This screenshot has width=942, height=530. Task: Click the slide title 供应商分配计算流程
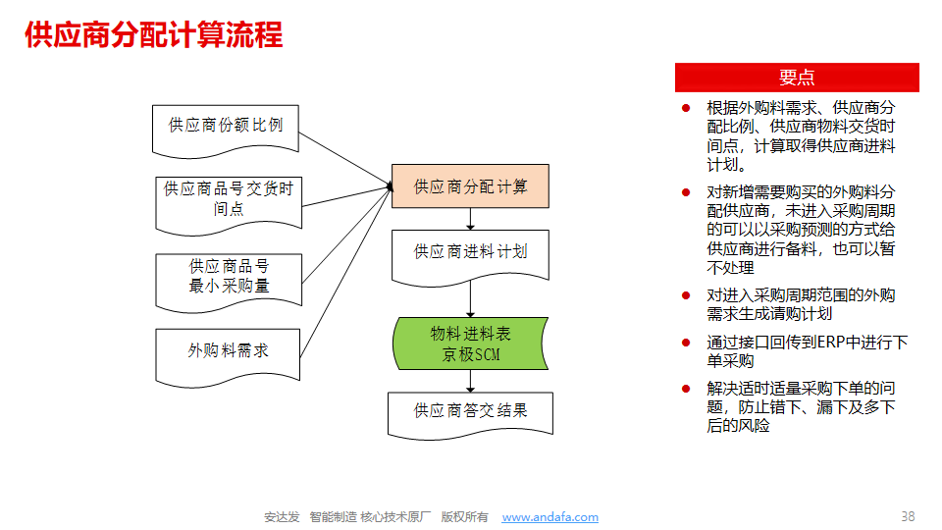click(x=153, y=34)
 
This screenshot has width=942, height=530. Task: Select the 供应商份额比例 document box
click(x=226, y=131)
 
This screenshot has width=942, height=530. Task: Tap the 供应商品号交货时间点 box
click(x=229, y=205)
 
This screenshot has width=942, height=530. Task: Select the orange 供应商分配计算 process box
click(x=470, y=186)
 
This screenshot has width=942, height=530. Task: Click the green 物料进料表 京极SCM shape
click(x=470, y=344)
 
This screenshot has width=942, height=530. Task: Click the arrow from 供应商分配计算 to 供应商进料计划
click(x=470, y=219)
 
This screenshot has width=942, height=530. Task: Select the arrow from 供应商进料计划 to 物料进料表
click(x=470, y=298)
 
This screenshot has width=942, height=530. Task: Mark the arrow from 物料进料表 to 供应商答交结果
click(x=470, y=381)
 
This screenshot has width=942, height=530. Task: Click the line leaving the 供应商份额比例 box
click(x=345, y=159)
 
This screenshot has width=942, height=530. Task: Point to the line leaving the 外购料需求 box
click(x=346, y=272)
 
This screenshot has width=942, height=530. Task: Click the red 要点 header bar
click(x=797, y=78)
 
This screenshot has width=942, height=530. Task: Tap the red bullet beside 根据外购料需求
click(x=686, y=108)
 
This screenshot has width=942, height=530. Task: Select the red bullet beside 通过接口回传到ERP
click(x=686, y=343)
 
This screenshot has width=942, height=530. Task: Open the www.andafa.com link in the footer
click(x=550, y=517)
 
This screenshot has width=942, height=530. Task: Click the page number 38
click(x=908, y=516)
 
